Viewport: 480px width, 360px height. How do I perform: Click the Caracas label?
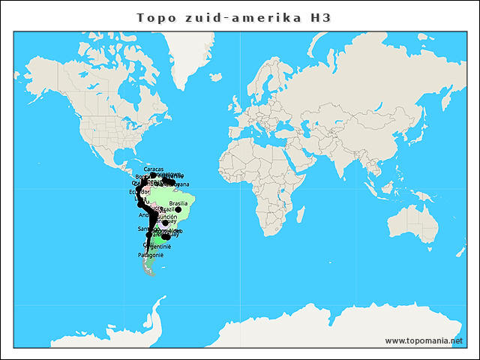(x=154, y=169)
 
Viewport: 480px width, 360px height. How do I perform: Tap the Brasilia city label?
(x=178, y=202)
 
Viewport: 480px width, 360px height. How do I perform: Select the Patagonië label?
(x=151, y=255)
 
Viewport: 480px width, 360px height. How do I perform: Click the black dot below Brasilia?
(x=178, y=210)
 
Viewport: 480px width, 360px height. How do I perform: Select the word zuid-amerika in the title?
(x=241, y=16)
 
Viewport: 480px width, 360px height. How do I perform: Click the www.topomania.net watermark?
(x=424, y=340)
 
